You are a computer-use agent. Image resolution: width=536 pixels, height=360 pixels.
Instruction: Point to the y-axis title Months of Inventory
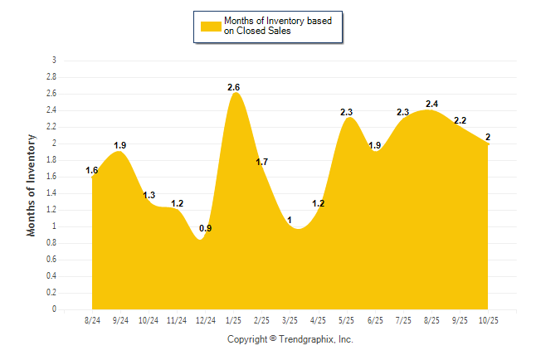click(32, 185)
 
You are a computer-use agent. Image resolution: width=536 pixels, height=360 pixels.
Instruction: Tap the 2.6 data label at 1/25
click(235, 87)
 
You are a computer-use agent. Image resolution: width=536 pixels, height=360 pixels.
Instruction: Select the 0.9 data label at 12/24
click(206, 228)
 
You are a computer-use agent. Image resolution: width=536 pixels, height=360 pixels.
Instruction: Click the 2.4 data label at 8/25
click(431, 104)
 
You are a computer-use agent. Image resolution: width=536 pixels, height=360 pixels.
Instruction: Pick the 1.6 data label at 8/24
click(92, 171)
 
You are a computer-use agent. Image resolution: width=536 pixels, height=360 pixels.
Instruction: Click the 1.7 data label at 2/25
click(261, 162)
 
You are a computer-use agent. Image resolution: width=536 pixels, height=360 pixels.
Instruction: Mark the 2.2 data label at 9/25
click(460, 120)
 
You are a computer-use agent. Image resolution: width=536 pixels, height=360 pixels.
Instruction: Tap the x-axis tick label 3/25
click(290, 320)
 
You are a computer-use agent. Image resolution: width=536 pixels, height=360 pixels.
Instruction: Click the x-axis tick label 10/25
click(488, 320)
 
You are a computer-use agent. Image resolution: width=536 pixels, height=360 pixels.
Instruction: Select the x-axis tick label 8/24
click(92, 320)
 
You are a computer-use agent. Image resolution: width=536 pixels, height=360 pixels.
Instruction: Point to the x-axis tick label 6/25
click(375, 320)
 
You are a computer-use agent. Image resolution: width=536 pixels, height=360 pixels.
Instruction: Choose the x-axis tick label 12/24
click(205, 320)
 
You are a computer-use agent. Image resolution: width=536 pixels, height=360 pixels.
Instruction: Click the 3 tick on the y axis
click(54, 61)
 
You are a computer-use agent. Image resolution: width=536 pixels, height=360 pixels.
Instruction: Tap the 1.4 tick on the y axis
click(51, 193)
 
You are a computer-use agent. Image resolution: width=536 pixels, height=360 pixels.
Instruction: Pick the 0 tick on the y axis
click(54, 309)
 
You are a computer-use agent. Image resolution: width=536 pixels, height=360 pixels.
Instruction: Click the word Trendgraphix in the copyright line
click(308, 339)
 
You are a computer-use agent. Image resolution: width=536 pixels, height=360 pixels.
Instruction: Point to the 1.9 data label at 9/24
click(120, 145)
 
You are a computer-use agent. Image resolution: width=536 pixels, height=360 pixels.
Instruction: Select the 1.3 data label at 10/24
click(149, 195)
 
